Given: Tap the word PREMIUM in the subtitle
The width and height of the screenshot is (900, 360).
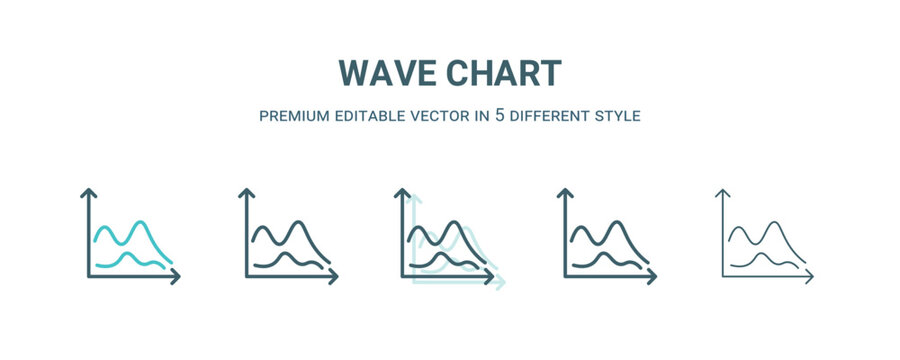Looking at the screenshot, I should (294, 116).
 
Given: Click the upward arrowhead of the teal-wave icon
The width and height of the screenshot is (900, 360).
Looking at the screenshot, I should (88, 192).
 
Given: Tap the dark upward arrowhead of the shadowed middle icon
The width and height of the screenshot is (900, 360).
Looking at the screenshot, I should (403, 192).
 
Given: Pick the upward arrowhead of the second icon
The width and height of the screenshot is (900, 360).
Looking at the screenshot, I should (245, 192).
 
